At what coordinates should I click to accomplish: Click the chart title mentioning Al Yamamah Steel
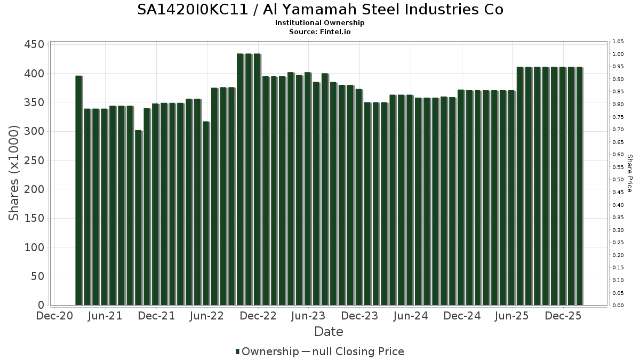pos(320,10)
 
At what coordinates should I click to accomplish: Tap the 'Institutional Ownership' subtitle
pos(320,23)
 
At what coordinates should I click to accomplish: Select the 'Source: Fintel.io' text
pos(320,32)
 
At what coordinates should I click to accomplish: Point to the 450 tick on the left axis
pos(34,44)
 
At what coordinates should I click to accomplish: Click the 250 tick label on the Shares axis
pos(34,161)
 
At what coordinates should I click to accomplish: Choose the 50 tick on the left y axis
pos(38,276)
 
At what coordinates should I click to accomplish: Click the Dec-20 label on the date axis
pos(54,316)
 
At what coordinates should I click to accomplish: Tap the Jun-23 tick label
pos(308,316)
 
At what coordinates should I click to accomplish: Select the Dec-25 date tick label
pos(563,316)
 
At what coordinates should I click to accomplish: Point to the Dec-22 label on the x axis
pos(258,316)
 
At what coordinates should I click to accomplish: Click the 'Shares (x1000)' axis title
pos(14,173)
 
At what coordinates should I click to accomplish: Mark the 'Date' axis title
pos(329,332)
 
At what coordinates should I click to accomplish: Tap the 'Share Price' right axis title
pos(629,173)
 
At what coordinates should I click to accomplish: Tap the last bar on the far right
pos(579,186)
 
